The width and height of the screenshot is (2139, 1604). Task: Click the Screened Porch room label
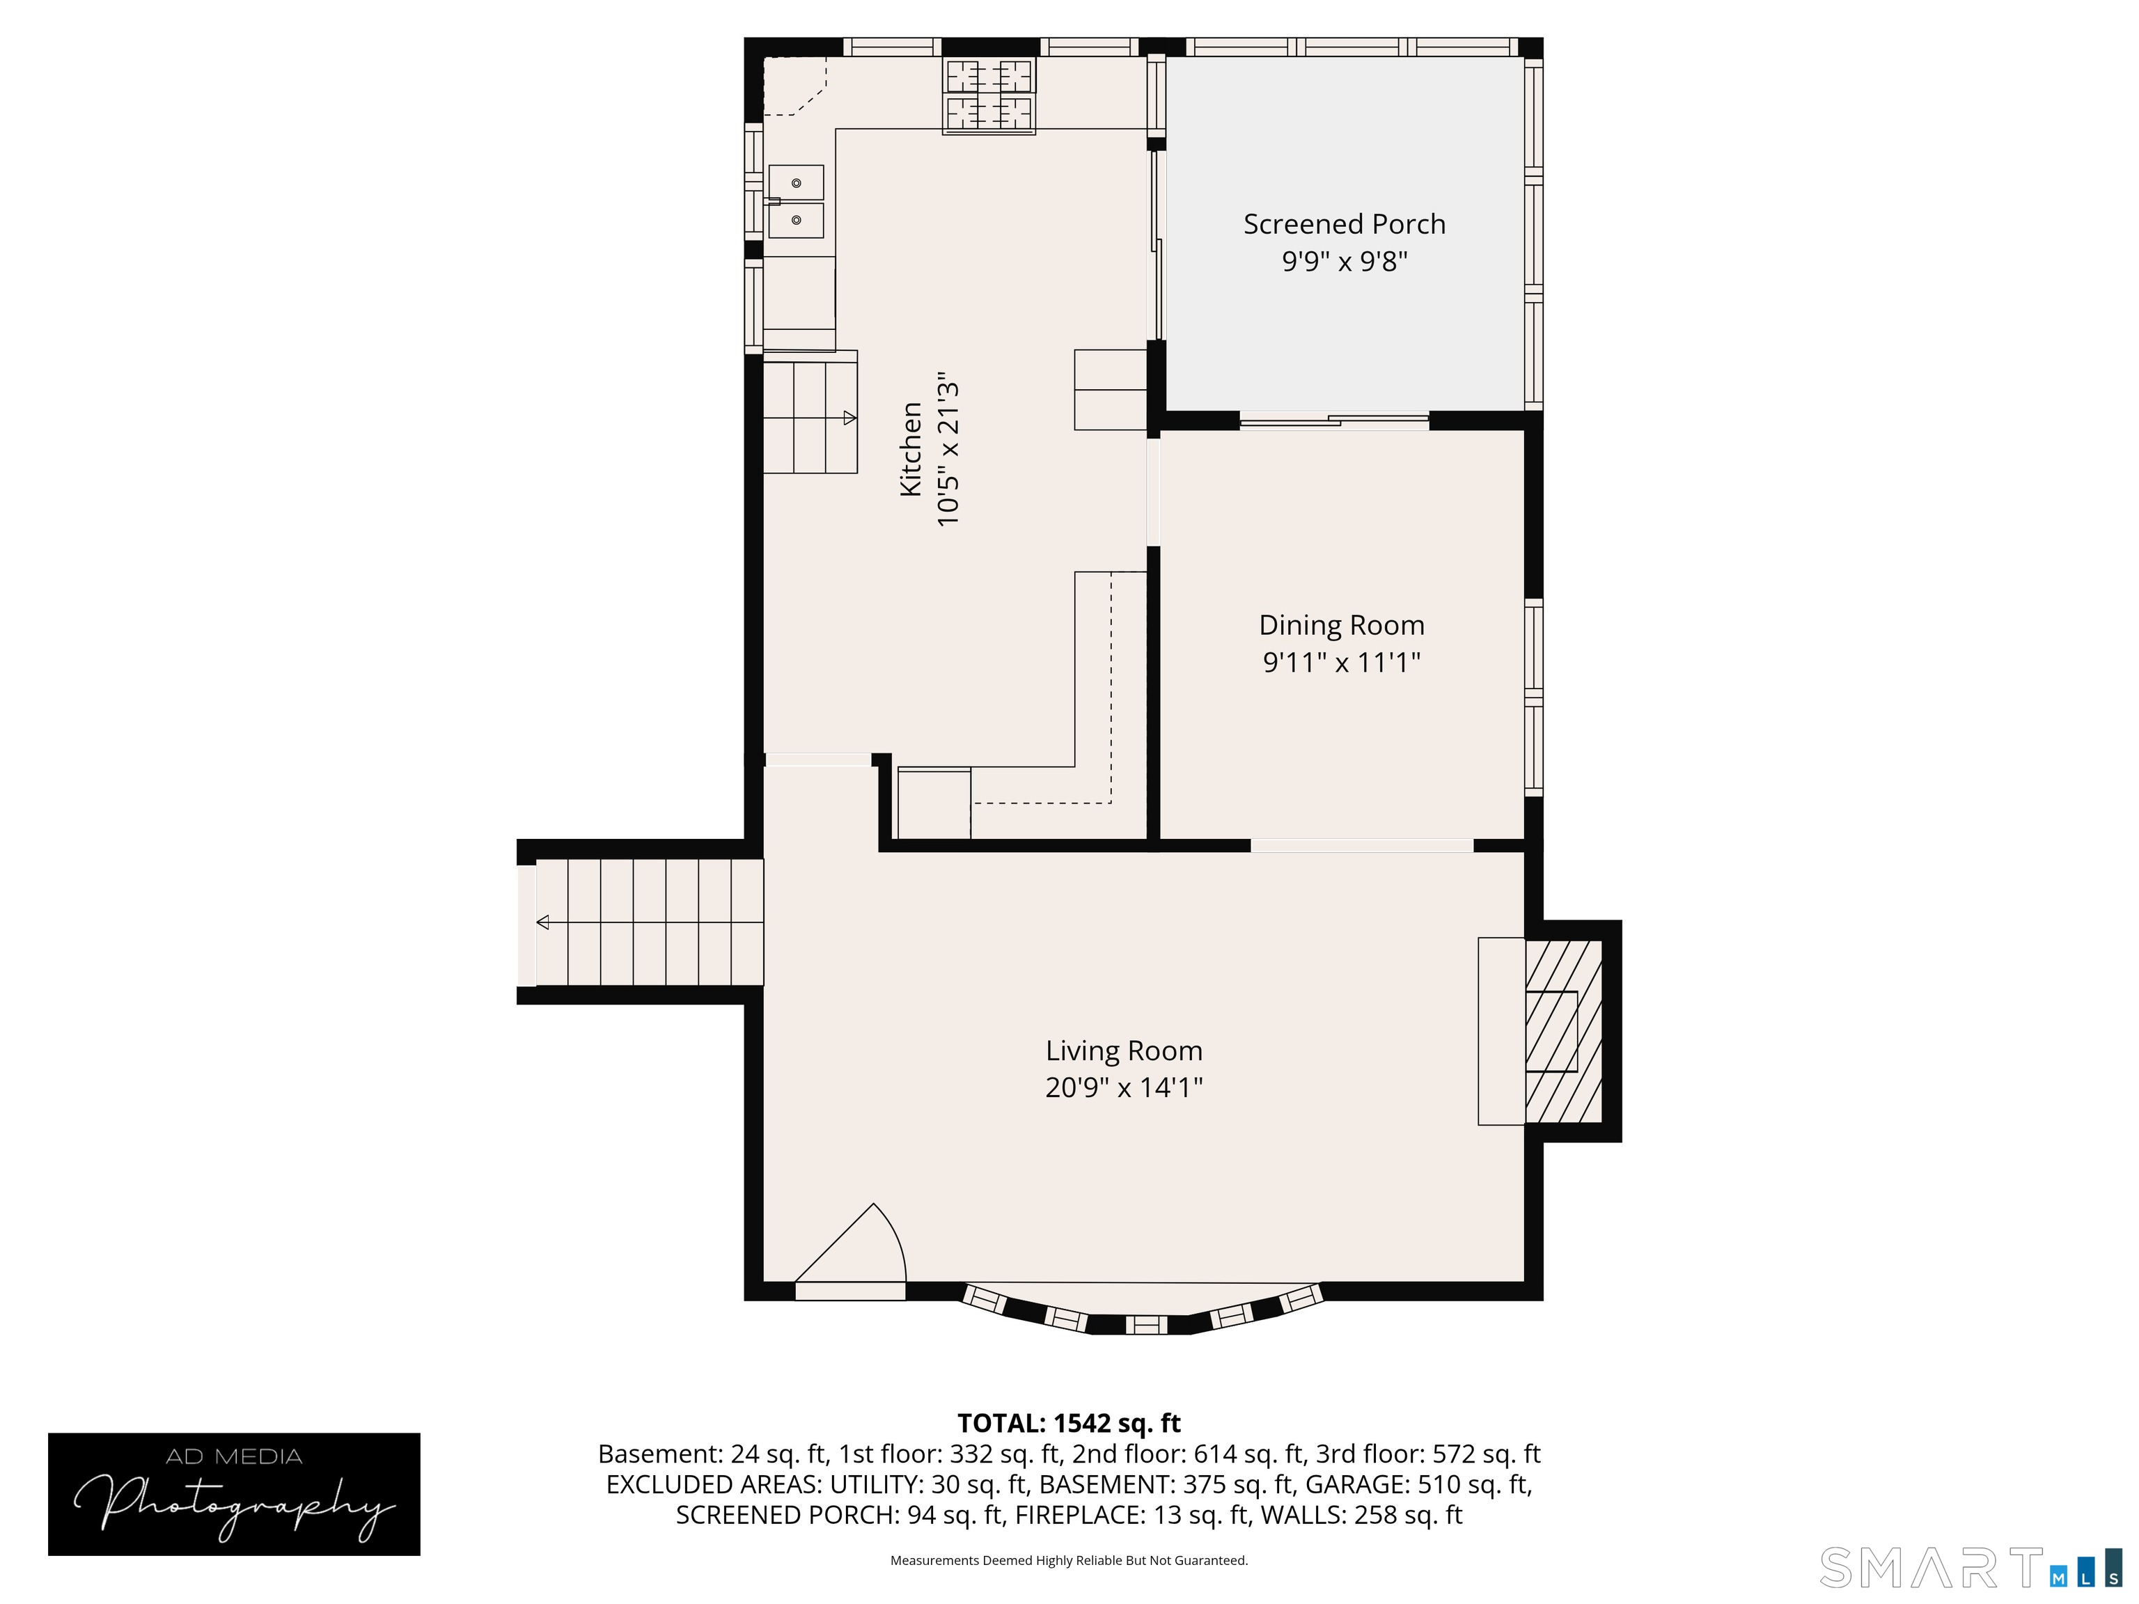click(x=1344, y=224)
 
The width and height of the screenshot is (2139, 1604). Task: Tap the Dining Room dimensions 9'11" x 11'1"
click(x=1341, y=662)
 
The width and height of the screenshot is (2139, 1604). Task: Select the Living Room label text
click(x=1124, y=1051)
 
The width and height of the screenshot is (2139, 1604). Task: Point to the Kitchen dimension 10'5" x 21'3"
click(x=948, y=453)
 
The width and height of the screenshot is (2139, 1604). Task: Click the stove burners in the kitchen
click(x=989, y=95)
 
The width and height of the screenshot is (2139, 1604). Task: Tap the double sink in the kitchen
click(x=796, y=201)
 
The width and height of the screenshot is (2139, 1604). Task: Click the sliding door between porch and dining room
click(x=1335, y=420)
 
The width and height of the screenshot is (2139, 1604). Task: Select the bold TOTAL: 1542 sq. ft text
click(x=1069, y=1423)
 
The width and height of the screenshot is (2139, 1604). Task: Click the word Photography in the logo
click(x=234, y=1504)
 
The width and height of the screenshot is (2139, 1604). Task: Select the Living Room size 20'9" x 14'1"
click(x=1124, y=1087)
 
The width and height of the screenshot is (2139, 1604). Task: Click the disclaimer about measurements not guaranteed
click(x=1069, y=1561)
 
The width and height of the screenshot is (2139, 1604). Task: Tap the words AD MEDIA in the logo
click(x=234, y=1456)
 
